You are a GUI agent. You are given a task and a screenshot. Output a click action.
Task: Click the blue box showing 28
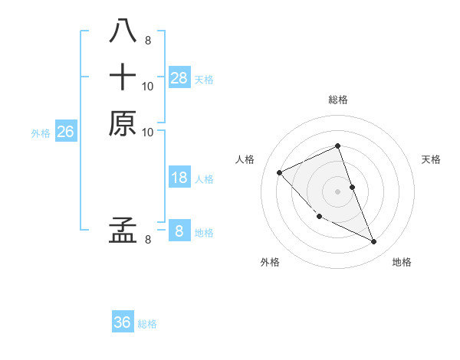coord(179,77)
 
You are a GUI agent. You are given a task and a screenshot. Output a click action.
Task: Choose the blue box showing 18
coord(179,178)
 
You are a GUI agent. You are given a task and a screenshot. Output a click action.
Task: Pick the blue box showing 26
coord(65,132)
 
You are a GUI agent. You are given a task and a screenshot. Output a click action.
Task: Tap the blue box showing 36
coord(123,322)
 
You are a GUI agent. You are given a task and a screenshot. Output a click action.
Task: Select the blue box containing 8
coord(179,231)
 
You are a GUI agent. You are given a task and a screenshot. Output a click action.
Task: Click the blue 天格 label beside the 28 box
coord(204,79)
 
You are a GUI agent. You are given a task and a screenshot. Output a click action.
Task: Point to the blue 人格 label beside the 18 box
coord(204,179)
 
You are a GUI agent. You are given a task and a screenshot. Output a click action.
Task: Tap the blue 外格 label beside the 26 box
coord(41,133)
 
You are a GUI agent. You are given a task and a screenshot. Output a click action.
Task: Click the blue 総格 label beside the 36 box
coord(147,324)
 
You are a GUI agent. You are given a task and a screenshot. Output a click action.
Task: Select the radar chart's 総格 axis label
coord(338,100)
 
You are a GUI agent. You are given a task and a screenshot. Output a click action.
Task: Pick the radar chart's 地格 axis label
coord(402,262)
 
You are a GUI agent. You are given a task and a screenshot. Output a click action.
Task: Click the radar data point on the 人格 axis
coord(280,172)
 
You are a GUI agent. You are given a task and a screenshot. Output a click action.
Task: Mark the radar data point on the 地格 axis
coord(374,242)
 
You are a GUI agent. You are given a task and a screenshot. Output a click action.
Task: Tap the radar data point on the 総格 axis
coord(338,146)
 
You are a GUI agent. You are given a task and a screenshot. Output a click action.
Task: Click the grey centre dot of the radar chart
coord(338,191)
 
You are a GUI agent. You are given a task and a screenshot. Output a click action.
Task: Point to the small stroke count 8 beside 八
coord(147,41)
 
